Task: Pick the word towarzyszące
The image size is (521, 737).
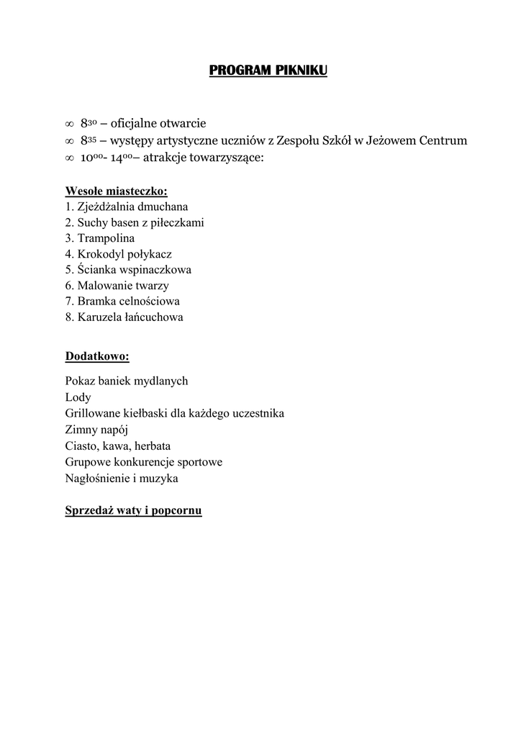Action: (x=227, y=156)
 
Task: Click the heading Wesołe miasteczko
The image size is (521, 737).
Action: (x=116, y=191)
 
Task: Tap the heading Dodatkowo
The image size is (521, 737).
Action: (x=97, y=356)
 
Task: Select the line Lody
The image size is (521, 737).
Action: (x=78, y=397)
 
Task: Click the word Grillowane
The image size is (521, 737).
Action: (x=94, y=413)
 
